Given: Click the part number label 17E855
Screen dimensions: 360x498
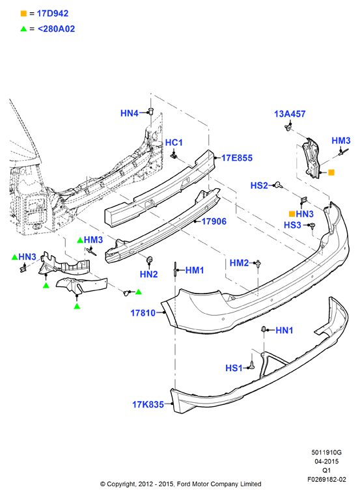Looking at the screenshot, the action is tap(237, 158).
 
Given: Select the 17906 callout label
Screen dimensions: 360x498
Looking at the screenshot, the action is tap(214, 221).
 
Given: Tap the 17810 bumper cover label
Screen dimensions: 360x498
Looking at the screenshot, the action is tap(143, 313).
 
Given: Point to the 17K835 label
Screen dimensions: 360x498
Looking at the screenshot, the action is tap(148, 404).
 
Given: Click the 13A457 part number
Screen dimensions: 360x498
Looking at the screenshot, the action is tap(290, 114).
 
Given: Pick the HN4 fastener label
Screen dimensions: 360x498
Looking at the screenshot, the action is tap(130, 113).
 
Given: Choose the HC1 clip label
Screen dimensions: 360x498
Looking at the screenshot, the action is tap(174, 143).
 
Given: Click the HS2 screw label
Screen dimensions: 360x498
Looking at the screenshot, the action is tap(259, 186).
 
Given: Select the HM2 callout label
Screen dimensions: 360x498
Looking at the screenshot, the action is tap(240, 263).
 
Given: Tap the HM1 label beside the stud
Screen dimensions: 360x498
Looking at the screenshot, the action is tap(195, 270).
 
